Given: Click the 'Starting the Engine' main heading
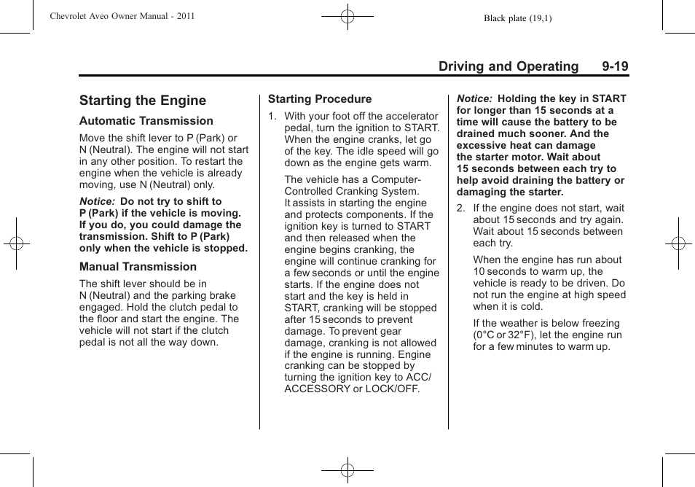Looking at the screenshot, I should (143, 101).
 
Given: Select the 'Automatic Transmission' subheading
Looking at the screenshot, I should (146, 121).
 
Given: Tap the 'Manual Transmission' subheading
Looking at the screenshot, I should (138, 267).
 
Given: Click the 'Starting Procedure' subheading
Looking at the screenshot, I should (320, 99).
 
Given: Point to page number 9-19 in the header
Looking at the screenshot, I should (615, 66).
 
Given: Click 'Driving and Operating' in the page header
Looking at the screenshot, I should (509, 66).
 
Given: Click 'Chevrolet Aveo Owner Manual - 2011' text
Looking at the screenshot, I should (122, 15).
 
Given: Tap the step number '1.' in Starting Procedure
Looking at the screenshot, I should (272, 116).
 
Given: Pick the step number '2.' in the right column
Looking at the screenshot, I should (461, 209).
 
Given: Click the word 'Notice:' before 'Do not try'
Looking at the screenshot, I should (98, 201).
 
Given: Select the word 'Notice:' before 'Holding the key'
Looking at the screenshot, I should (475, 98).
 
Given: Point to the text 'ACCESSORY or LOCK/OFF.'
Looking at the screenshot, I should (352, 389).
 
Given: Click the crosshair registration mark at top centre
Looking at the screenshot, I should (347, 15).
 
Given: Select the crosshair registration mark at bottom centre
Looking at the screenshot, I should (347, 470).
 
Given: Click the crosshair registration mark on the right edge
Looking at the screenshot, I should (678, 243).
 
